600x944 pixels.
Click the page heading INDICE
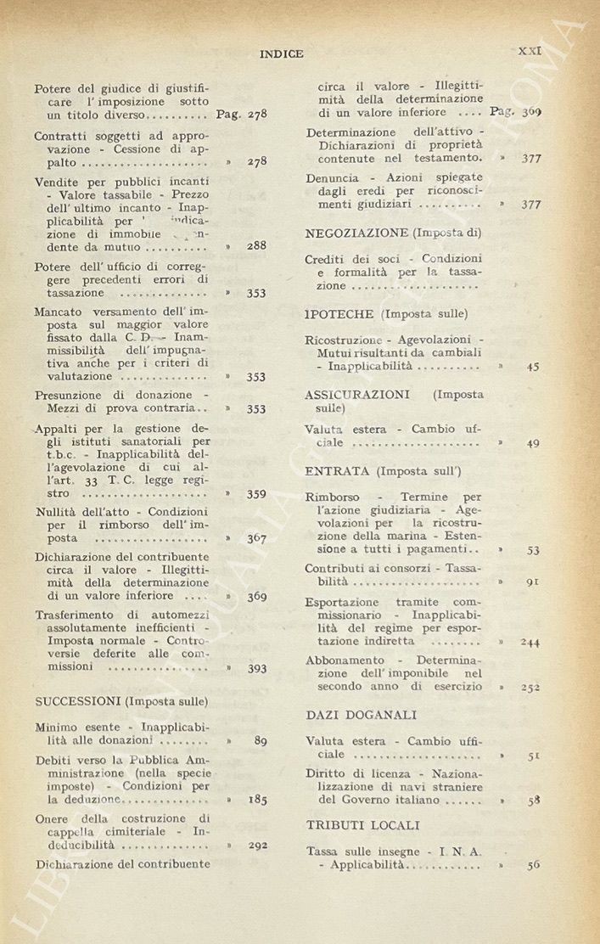[x=281, y=53]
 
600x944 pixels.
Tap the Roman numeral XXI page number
[x=530, y=51]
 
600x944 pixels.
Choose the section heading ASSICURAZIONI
[x=356, y=395]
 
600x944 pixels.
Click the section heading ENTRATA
[x=337, y=470]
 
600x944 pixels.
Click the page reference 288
[x=256, y=246]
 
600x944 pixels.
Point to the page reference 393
[x=256, y=668]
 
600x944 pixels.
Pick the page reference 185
[x=256, y=800]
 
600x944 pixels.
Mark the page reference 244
[x=530, y=642]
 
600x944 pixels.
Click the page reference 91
[x=533, y=582]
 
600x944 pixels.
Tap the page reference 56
[x=533, y=865]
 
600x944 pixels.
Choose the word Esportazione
[x=344, y=602]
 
